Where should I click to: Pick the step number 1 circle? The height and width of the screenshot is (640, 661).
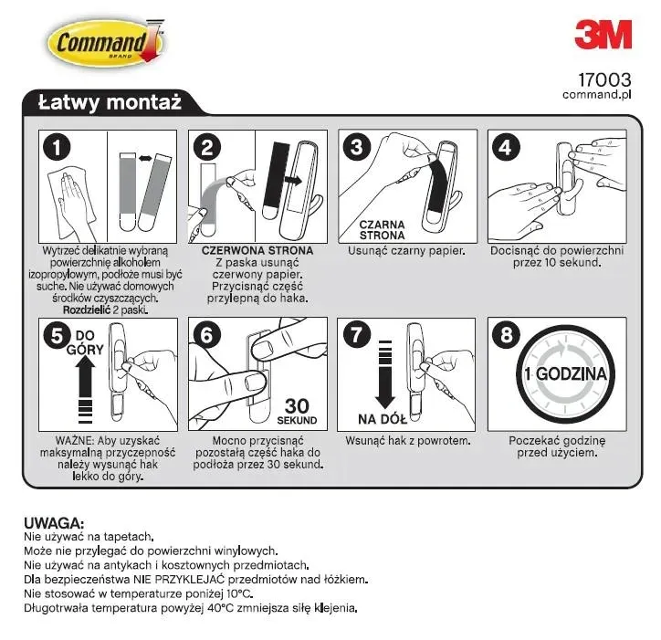58,146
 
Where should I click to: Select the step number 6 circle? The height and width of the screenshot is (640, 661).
207,334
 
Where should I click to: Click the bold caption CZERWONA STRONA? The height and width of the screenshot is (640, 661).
257,250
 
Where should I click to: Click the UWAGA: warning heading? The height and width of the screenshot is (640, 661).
54,523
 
